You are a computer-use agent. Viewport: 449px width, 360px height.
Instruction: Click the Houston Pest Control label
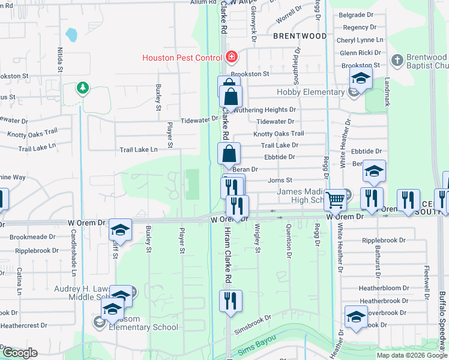(182, 58)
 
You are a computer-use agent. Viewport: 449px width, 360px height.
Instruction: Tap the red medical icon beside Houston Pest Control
(231, 58)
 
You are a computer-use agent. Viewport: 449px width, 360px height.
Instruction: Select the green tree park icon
(82, 89)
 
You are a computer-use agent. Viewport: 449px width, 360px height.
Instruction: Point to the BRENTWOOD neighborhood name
(300, 36)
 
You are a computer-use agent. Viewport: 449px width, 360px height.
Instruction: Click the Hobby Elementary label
(310, 92)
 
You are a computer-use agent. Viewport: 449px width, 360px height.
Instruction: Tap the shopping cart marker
(337, 199)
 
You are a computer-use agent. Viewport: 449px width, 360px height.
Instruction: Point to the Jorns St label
(280, 180)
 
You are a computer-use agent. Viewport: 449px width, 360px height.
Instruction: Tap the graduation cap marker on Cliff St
(120, 230)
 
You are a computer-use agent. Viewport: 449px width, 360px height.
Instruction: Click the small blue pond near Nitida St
(72, 35)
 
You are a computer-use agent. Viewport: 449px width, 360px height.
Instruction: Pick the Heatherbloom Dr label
(384, 288)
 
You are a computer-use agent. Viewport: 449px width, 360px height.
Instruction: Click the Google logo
(19, 353)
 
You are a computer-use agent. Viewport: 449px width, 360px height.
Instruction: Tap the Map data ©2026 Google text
(412, 355)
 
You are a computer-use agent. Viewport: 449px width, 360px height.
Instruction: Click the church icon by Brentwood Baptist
(397, 61)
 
